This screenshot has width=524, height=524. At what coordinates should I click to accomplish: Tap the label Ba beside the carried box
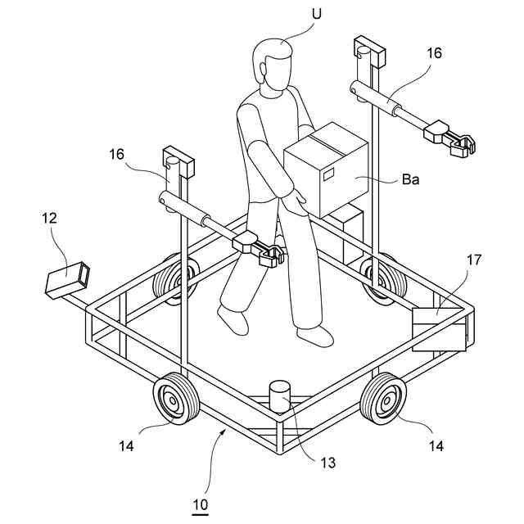[411, 179]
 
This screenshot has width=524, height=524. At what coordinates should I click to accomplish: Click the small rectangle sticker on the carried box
[329, 174]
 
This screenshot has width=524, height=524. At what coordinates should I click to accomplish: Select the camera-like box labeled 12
[66, 278]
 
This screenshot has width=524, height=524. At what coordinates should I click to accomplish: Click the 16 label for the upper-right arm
[433, 54]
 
